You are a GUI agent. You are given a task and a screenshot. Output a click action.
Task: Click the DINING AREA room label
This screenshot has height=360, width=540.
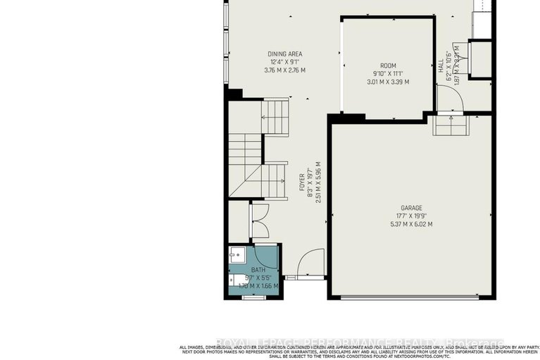(x=284, y=54)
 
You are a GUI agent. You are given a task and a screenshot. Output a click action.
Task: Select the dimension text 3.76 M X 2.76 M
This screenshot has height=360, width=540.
(x=284, y=70)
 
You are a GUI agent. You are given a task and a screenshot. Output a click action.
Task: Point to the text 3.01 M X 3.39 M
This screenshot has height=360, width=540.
(x=388, y=82)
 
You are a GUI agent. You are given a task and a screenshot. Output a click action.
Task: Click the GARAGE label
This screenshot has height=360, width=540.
(x=411, y=208)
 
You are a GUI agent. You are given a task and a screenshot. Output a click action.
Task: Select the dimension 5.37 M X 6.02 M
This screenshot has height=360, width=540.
(x=411, y=224)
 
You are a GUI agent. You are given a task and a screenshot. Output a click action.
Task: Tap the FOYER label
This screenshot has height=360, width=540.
(x=302, y=182)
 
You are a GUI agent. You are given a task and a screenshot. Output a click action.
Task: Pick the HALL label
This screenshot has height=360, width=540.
(x=441, y=66)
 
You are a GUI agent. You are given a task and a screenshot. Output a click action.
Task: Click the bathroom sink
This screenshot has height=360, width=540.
(x=236, y=256)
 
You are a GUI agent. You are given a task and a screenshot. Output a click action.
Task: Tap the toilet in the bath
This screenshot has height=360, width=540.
(x=237, y=280)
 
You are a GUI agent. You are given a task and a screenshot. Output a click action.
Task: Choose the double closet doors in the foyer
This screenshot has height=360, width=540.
(x=259, y=220)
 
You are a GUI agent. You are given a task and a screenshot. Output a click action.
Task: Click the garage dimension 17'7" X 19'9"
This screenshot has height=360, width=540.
(x=411, y=216)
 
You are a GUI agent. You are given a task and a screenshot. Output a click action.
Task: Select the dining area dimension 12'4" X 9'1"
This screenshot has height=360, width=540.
(x=284, y=62)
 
